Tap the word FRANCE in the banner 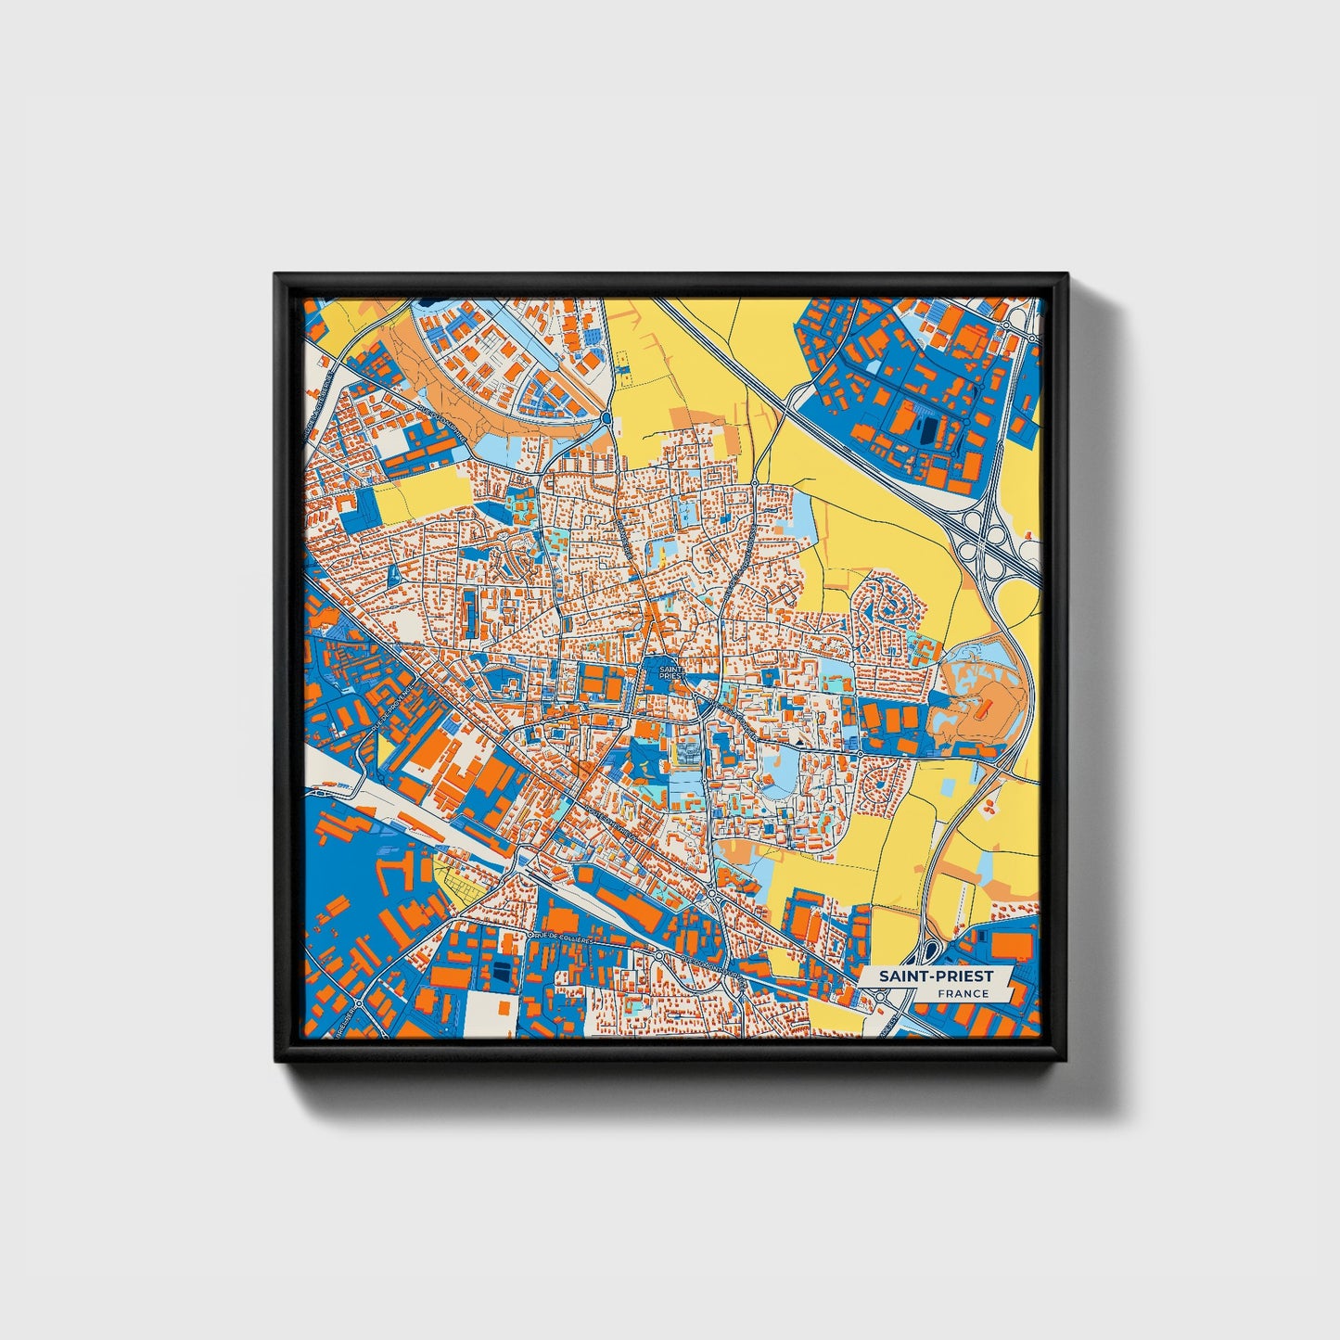coord(962,994)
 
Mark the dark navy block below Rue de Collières coord(501,970)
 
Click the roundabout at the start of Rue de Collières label coord(531,936)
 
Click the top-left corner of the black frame coord(276,275)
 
